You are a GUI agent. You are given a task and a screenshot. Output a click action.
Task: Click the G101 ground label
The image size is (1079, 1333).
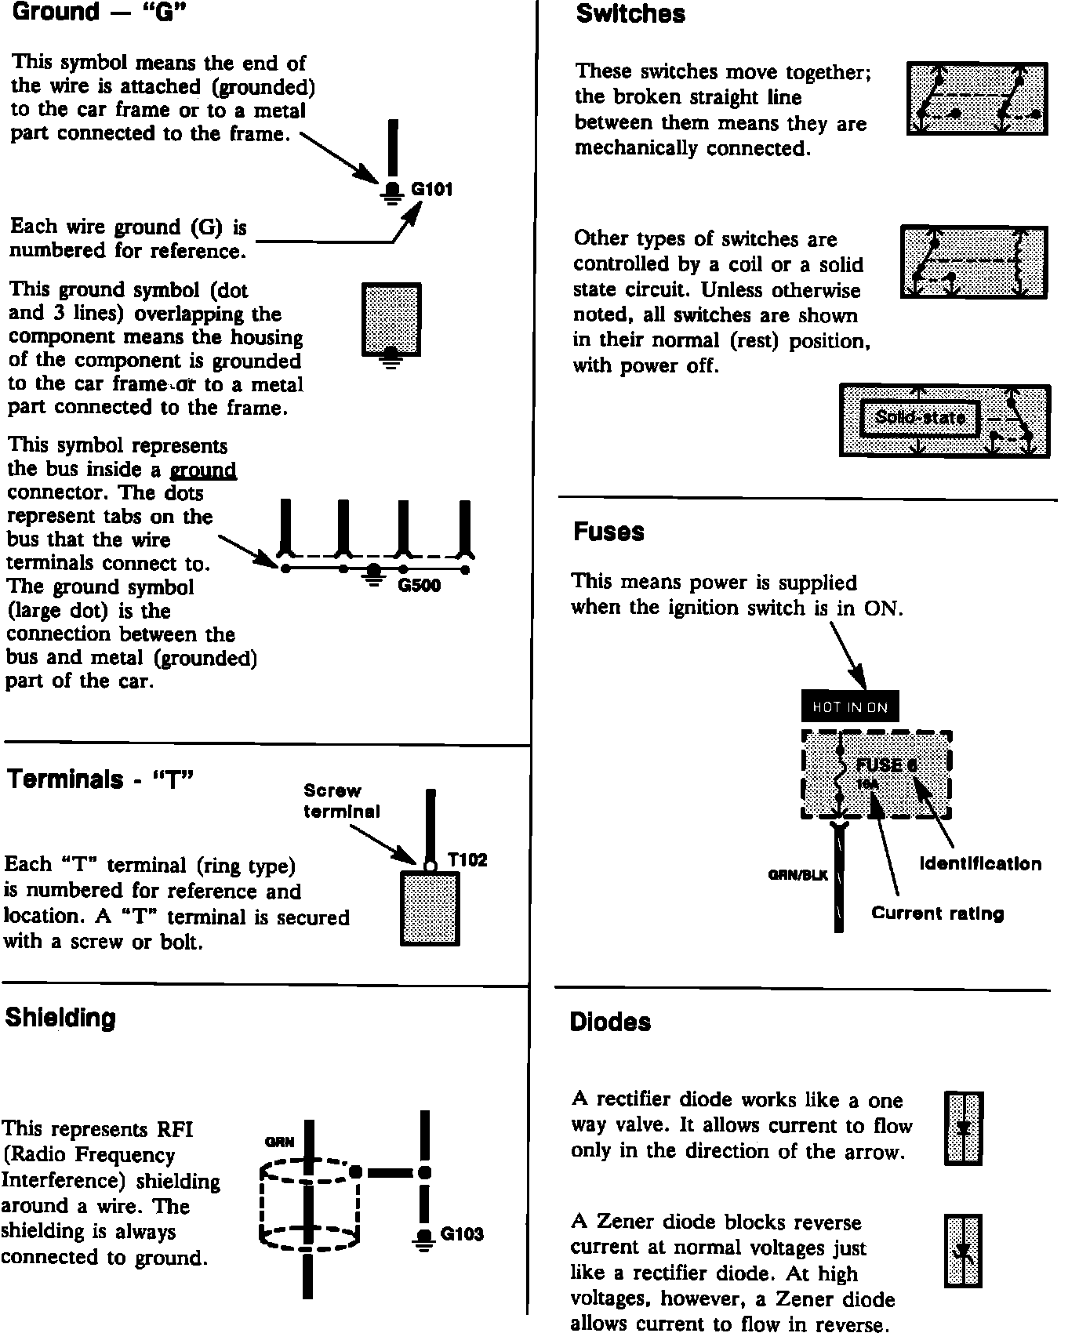coord(431,189)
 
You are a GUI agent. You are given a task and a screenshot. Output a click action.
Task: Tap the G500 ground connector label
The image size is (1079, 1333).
coord(420,586)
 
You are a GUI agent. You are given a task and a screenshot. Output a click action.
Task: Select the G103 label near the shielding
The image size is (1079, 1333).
coord(462,1234)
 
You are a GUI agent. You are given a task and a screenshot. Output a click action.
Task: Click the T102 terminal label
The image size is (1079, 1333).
coord(467,860)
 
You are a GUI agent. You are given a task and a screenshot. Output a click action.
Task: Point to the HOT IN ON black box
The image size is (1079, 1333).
coord(850,706)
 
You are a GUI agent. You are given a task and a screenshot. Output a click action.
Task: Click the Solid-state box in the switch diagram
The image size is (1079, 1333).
coord(919,417)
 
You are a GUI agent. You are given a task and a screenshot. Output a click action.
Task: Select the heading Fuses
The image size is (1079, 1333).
coord(609,532)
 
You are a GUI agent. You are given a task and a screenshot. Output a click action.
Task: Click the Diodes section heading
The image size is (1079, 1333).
coord(610,1022)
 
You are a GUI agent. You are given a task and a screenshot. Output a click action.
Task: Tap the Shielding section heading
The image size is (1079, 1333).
coord(60,1018)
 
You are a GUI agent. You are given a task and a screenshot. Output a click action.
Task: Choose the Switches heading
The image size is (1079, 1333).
coord(630,13)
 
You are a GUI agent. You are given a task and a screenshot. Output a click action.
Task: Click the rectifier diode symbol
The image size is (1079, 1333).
coord(964,1128)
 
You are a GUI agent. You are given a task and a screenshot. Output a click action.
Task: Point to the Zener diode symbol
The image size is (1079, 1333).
coord(963,1251)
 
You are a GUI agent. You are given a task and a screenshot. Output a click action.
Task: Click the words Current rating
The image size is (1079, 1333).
coord(937,913)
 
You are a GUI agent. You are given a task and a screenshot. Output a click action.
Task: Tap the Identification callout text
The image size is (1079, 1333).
coord(980,864)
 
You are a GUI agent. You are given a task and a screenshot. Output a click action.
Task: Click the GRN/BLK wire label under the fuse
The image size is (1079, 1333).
coord(797,875)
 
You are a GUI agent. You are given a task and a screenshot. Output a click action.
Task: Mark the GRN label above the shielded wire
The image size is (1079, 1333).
coord(279,1142)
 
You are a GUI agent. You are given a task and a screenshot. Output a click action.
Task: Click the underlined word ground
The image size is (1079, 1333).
coord(203,470)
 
